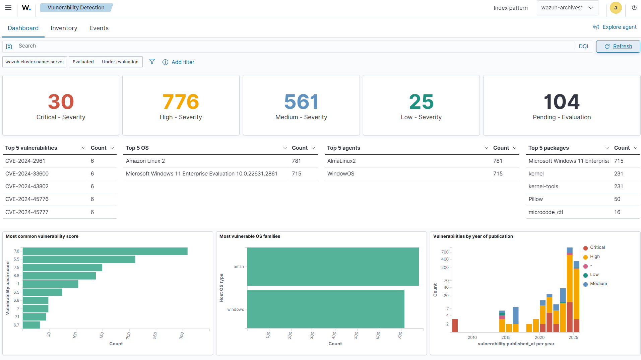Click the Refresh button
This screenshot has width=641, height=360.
click(618, 47)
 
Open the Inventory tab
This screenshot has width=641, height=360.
click(64, 28)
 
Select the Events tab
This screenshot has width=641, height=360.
click(99, 28)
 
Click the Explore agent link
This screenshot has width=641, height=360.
click(615, 27)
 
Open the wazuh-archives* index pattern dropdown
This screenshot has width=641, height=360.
click(567, 8)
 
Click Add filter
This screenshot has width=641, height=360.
click(178, 62)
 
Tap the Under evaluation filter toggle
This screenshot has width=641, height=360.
click(120, 62)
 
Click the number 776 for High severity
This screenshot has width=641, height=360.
click(181, 102)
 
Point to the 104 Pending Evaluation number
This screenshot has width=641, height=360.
click(561, 102)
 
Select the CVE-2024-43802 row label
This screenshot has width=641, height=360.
click(27, 187)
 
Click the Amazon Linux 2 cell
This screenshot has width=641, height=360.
click(145, 161)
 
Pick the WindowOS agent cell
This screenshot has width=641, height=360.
click(341, 174)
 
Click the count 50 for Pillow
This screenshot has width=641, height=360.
click(617, 199)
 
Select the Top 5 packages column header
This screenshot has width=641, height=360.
click(549, 148)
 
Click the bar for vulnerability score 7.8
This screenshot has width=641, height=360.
click(105, 251)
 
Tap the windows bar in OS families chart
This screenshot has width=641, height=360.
click(325, 309)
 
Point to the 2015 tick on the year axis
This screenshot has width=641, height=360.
click(506, 337)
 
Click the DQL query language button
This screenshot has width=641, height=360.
click(584, 47)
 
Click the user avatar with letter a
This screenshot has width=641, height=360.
click(616, 8)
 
